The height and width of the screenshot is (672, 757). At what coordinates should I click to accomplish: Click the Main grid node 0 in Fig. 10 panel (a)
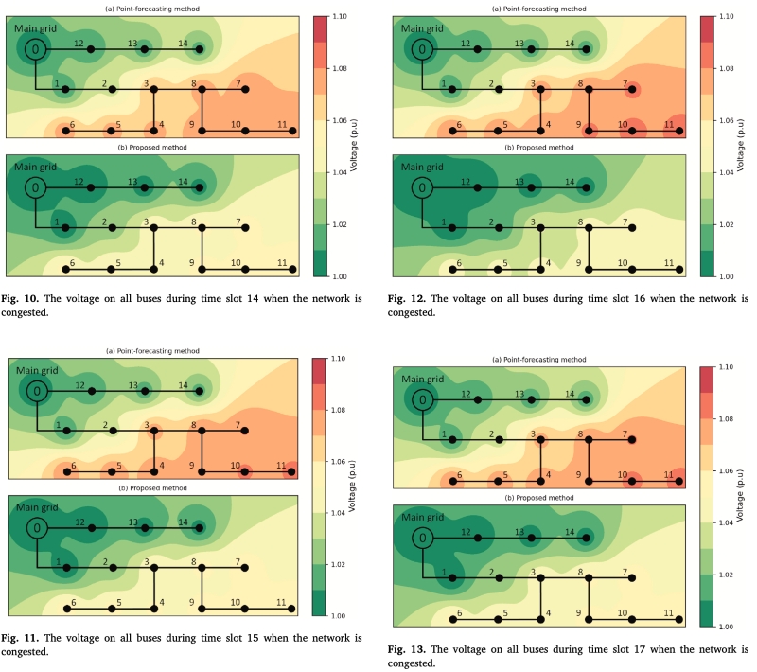pos(36,49)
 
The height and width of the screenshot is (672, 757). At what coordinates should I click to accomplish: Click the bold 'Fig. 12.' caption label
pos(407,299)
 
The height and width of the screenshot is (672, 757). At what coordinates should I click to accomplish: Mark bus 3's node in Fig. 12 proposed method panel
pos(541,227)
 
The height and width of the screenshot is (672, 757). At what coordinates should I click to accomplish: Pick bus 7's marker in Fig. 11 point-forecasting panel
pos(245,431)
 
